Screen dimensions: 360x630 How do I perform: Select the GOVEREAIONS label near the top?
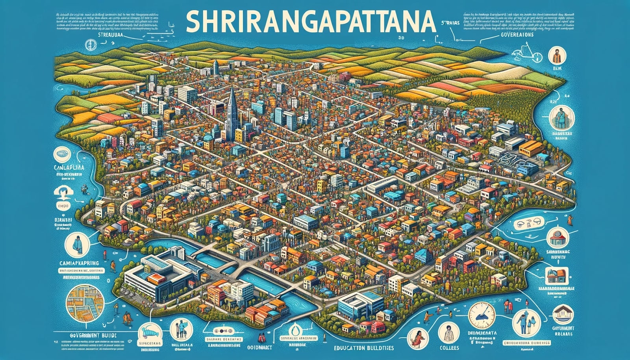point(512,35)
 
